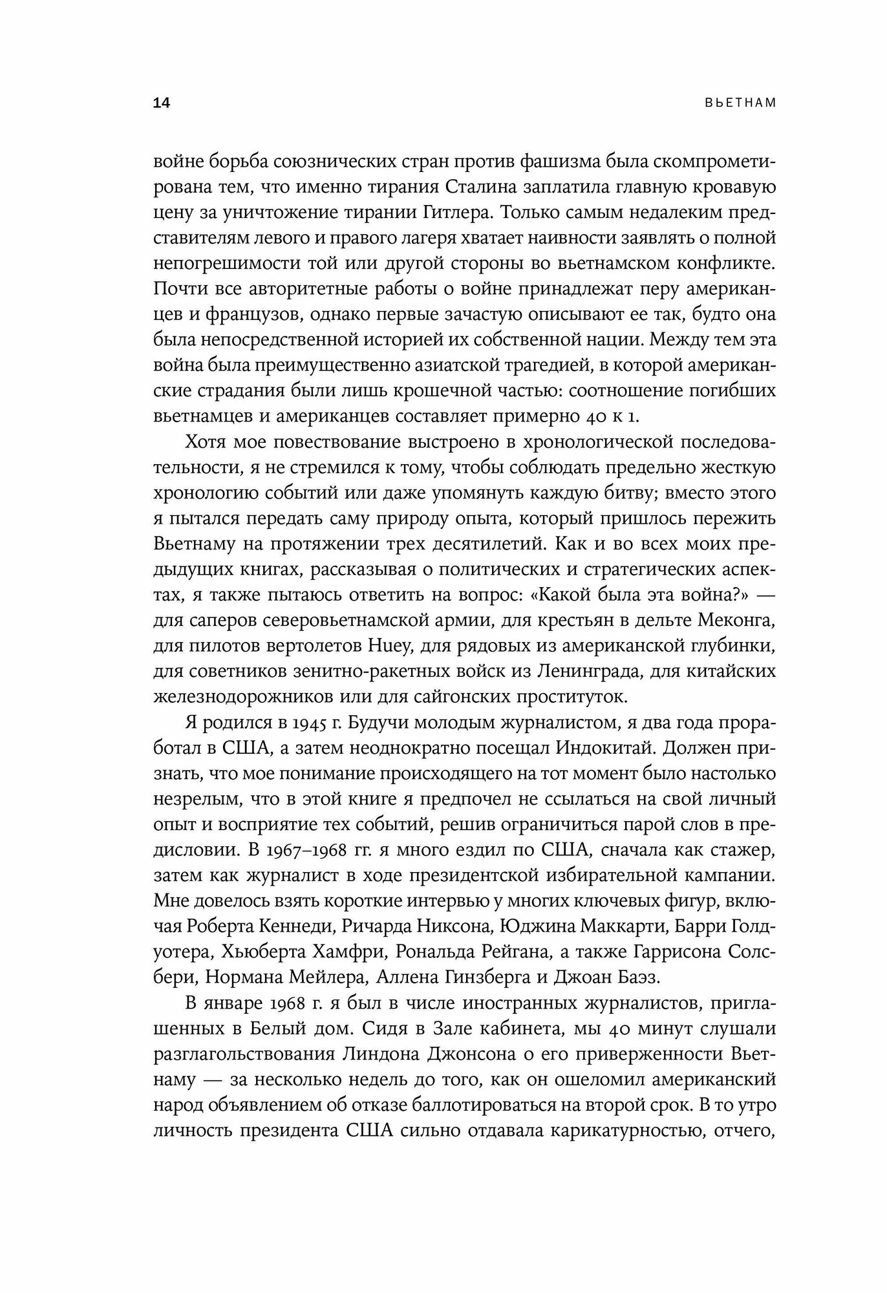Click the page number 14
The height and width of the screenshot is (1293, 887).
162,103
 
